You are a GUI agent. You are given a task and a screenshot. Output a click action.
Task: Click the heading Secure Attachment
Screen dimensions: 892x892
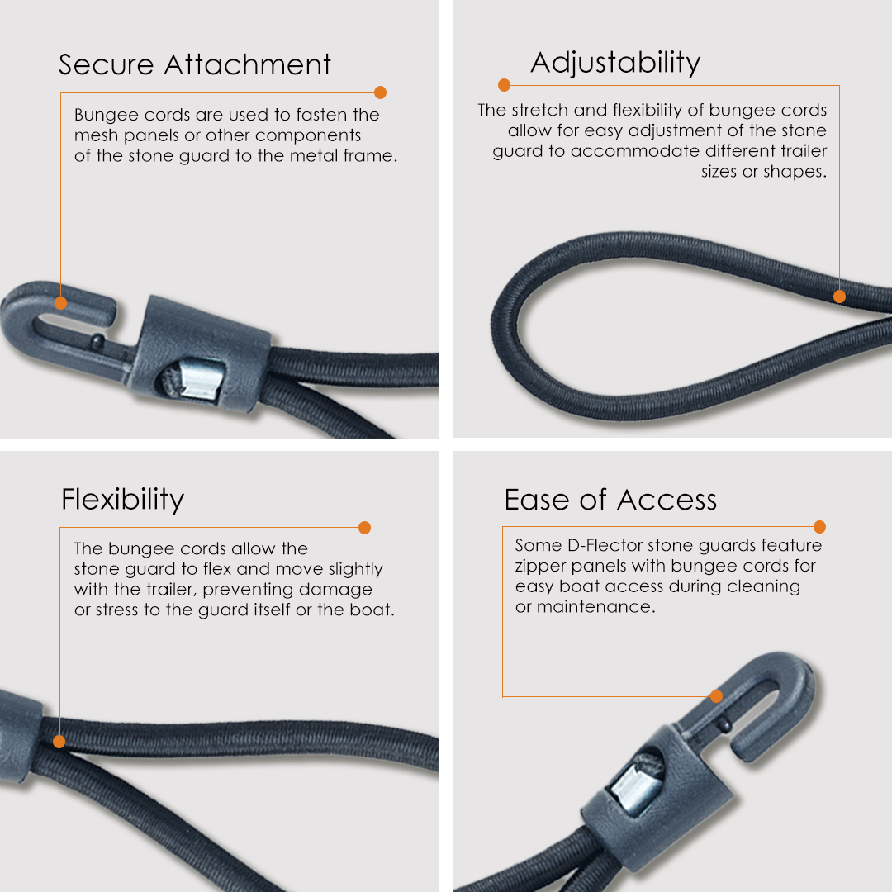(x=195, y=64)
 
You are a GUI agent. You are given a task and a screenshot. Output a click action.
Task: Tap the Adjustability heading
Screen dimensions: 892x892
(x=615, y=63)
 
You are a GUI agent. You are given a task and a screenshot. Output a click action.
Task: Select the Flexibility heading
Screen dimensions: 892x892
(x=123, y=500)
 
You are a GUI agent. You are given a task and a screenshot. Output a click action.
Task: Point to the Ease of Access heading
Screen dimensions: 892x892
(x=610, y=500)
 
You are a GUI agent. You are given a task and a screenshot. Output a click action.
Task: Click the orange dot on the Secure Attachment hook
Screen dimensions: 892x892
(x=60, y=303)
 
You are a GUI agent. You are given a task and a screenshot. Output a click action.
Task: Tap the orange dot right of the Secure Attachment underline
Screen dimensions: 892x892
(x=381, y=93)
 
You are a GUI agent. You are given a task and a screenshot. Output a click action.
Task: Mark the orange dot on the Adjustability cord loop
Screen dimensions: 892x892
(x=839, y=297)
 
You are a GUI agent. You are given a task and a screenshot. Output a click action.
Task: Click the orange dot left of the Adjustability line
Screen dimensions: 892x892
(x=504, y=85)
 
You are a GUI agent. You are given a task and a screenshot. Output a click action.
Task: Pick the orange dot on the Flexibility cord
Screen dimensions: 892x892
(x=59, y=742)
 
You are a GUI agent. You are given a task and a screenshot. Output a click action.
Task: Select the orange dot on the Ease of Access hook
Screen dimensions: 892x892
(x=717, y=695)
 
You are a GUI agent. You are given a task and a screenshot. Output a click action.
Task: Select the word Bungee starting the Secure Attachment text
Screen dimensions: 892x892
(x=107, y=116)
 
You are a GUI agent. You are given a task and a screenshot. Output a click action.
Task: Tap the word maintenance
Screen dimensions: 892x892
(x=595, y=607)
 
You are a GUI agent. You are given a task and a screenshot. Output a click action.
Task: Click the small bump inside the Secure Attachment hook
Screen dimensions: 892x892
(x=97, y=341)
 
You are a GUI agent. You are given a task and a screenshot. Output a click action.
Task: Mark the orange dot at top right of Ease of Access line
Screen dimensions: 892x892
(x=820, y=527)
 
